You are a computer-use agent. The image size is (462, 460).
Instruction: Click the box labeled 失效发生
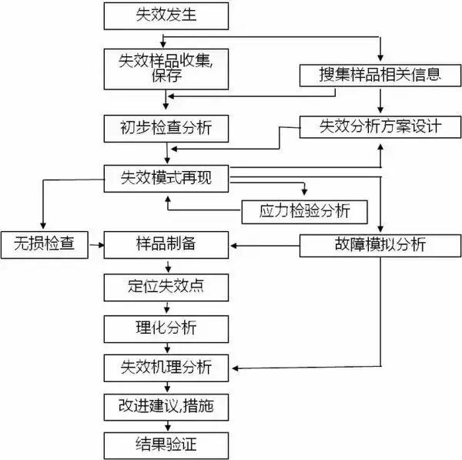166,15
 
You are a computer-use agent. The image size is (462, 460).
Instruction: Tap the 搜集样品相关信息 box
380,75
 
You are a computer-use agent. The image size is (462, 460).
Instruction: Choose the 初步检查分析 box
166,128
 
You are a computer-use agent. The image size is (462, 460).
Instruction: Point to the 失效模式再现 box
166,177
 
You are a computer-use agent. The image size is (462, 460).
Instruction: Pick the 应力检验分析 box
304,210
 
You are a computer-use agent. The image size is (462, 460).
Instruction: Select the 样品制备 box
166,245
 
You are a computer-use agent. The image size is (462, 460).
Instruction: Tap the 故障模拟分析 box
380,245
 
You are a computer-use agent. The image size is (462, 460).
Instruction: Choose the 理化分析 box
166,327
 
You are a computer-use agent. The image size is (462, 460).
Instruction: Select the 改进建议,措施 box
166,406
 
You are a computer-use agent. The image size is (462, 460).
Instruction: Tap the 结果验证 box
166,445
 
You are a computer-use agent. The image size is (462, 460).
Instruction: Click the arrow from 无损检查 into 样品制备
95,245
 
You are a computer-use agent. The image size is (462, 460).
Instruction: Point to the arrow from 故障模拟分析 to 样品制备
266,245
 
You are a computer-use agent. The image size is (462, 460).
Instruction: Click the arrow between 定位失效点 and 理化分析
166,307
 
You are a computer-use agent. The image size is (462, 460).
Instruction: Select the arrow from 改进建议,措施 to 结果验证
166,425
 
